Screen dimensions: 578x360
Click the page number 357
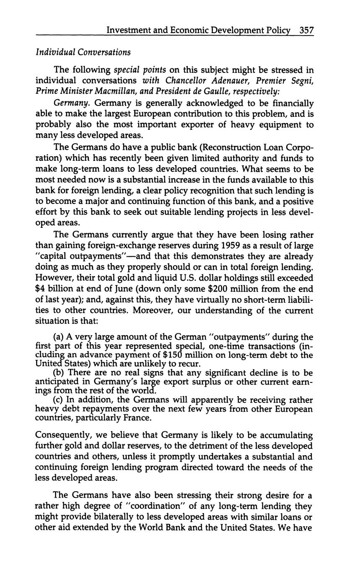pos(307,30)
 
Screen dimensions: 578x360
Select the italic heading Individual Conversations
pos(83,52)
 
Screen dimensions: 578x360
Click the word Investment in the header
pos(128,30)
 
